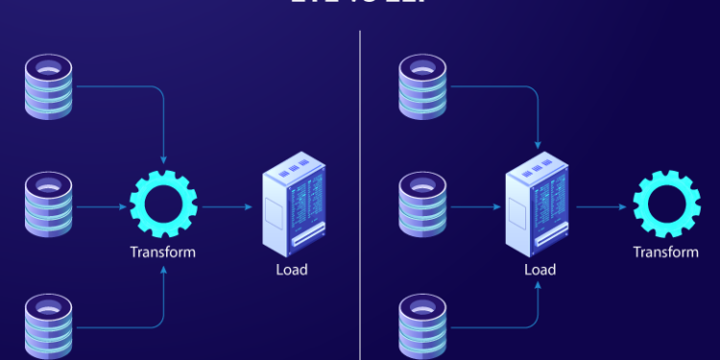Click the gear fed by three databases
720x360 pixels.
click(x=164, y=205)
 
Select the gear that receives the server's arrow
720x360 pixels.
click(x=665, y=205)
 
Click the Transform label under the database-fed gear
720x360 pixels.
click(x=163, y=252)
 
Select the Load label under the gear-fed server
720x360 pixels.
click(x=291, y=270)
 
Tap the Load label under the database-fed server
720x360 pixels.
click(x=540, y=270)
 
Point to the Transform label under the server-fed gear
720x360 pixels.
click(x=665, y=252)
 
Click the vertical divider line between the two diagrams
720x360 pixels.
click(x=361, y=192)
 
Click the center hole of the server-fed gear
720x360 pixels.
click(x=665, y=205)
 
